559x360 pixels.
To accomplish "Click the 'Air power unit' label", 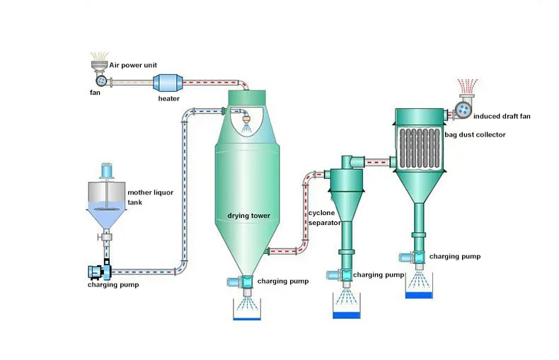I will [133, 64].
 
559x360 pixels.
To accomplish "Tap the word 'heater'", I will [168, 99].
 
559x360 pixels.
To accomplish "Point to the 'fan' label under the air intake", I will [94, 93].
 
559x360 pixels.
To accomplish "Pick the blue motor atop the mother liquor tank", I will [108, 170].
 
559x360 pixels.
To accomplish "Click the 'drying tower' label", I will [249, 215].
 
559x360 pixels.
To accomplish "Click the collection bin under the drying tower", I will [246, 310].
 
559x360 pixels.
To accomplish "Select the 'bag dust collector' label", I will [477, 134].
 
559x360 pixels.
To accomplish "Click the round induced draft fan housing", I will [463, 110].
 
